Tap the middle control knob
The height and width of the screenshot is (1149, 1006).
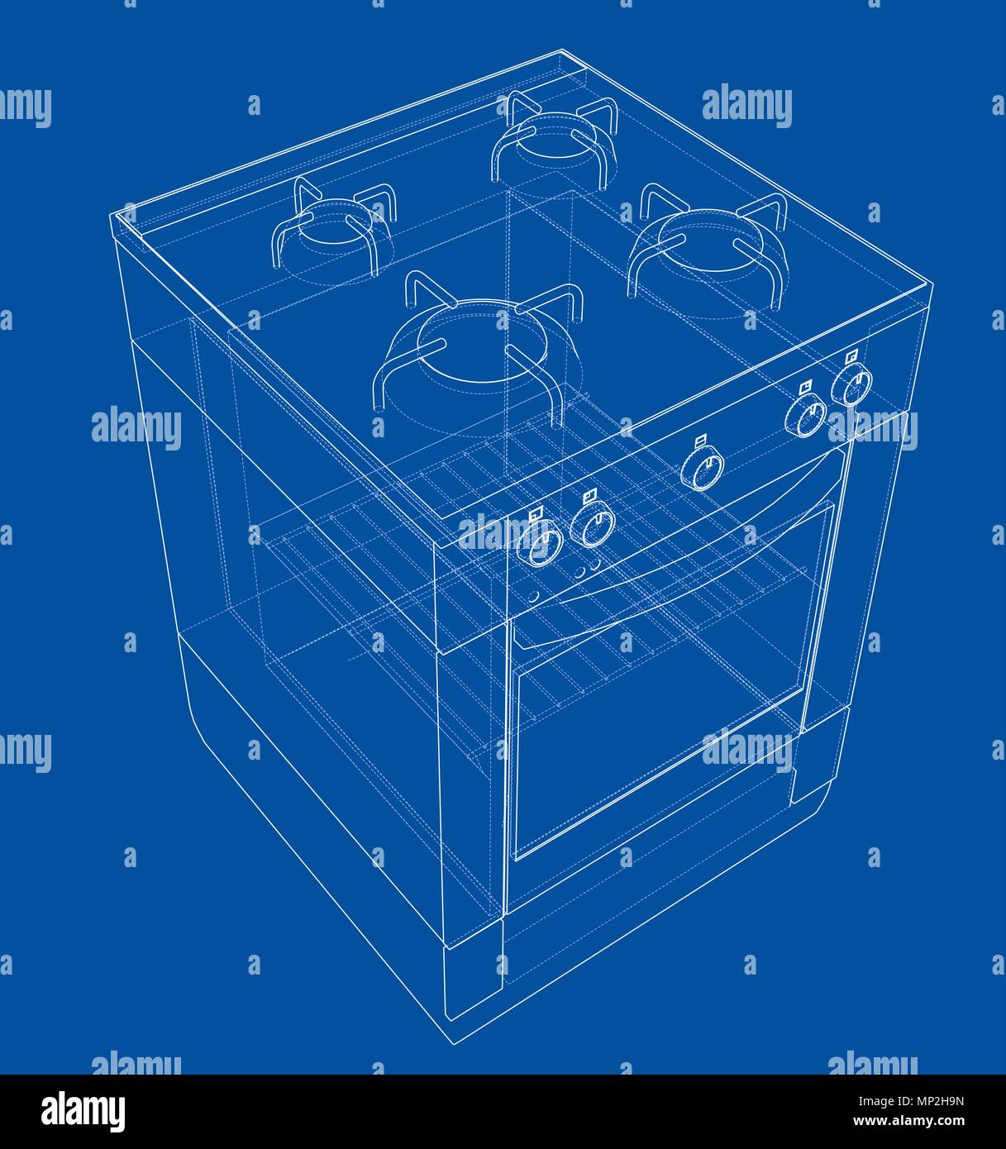point(703,468)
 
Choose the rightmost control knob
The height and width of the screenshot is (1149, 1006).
point(851,384)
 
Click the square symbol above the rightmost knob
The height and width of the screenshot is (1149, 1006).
point(852,355)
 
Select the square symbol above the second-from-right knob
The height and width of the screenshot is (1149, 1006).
point(806,386)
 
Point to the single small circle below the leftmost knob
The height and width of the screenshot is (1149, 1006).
point(534,596)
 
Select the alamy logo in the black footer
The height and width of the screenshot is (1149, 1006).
point(83,1113)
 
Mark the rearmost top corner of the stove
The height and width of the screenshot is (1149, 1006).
point(561,50)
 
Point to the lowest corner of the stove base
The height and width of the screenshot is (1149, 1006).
point(454,1045)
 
